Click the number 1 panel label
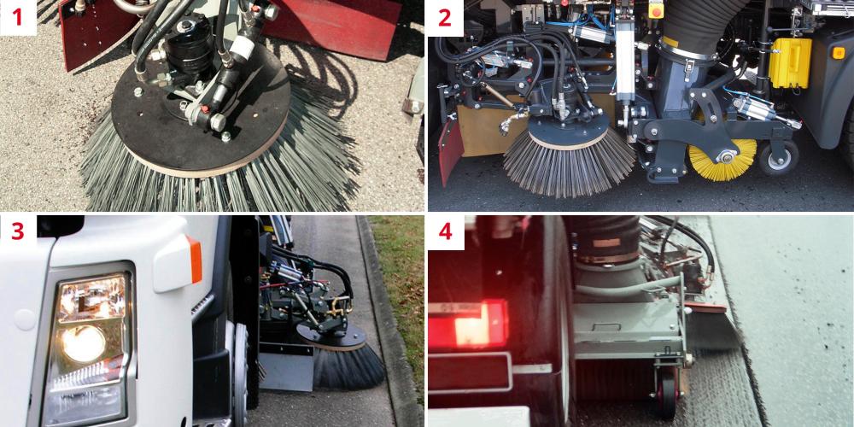(18, 17)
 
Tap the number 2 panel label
(445, 17)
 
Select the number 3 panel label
(18, 233)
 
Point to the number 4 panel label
(445, 233)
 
